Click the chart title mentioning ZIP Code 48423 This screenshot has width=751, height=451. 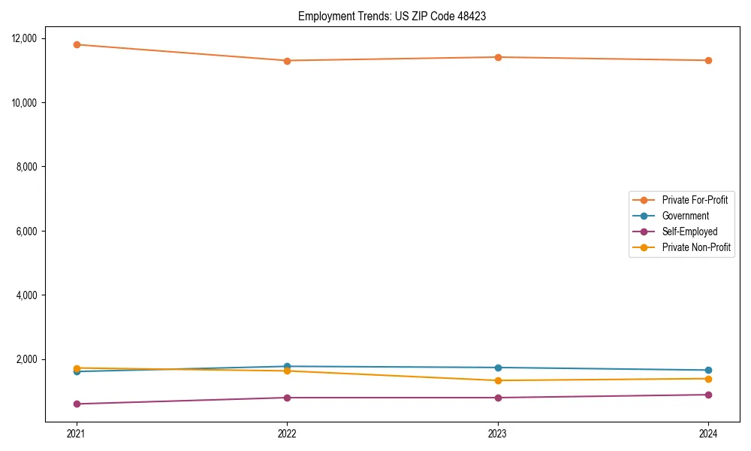(392, 16)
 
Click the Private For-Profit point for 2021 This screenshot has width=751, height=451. (76, 44)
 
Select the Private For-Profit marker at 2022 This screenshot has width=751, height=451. (287, 60)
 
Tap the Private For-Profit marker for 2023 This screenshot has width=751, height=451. (498, 57)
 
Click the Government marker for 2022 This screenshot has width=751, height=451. (287, 366)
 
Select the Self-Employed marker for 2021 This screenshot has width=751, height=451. (76, 404)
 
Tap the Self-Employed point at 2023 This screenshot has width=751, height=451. (498, 398)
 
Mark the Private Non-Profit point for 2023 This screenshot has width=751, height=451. (498, 380)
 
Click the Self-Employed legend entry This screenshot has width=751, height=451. (689, 232)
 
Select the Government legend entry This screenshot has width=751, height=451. (685, 216)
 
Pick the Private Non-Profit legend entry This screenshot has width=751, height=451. (696, 247)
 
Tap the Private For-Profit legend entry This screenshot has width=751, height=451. (695, 200)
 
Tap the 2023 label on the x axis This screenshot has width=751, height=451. (498, 434)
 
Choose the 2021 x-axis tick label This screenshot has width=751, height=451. (76, 434)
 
